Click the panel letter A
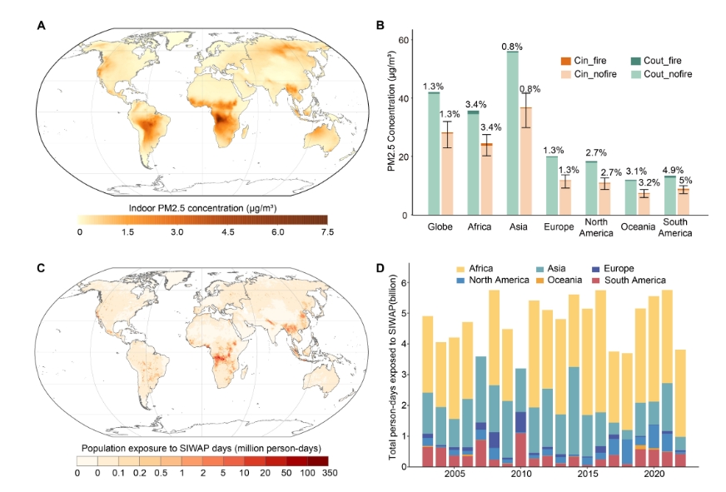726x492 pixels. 41,26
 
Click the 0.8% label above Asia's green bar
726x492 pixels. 512,46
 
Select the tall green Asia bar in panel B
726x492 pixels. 512,133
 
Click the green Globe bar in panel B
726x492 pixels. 434,154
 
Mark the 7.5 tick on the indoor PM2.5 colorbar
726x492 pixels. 326,232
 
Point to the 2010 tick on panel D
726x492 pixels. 520,473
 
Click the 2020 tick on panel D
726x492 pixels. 654,473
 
